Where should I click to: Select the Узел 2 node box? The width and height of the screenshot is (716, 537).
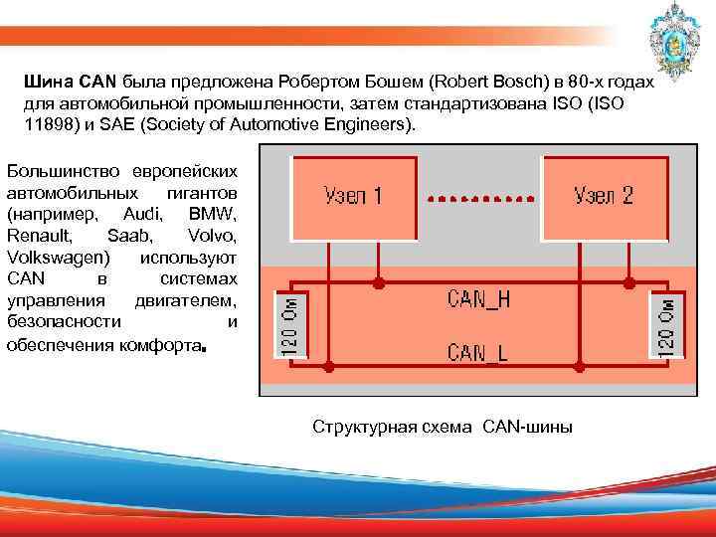[603, 196]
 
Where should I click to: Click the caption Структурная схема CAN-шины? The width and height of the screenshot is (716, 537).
[443, 427]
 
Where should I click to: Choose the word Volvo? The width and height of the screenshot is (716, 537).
[212, 236]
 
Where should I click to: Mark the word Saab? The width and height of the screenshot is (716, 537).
[124, 236]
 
